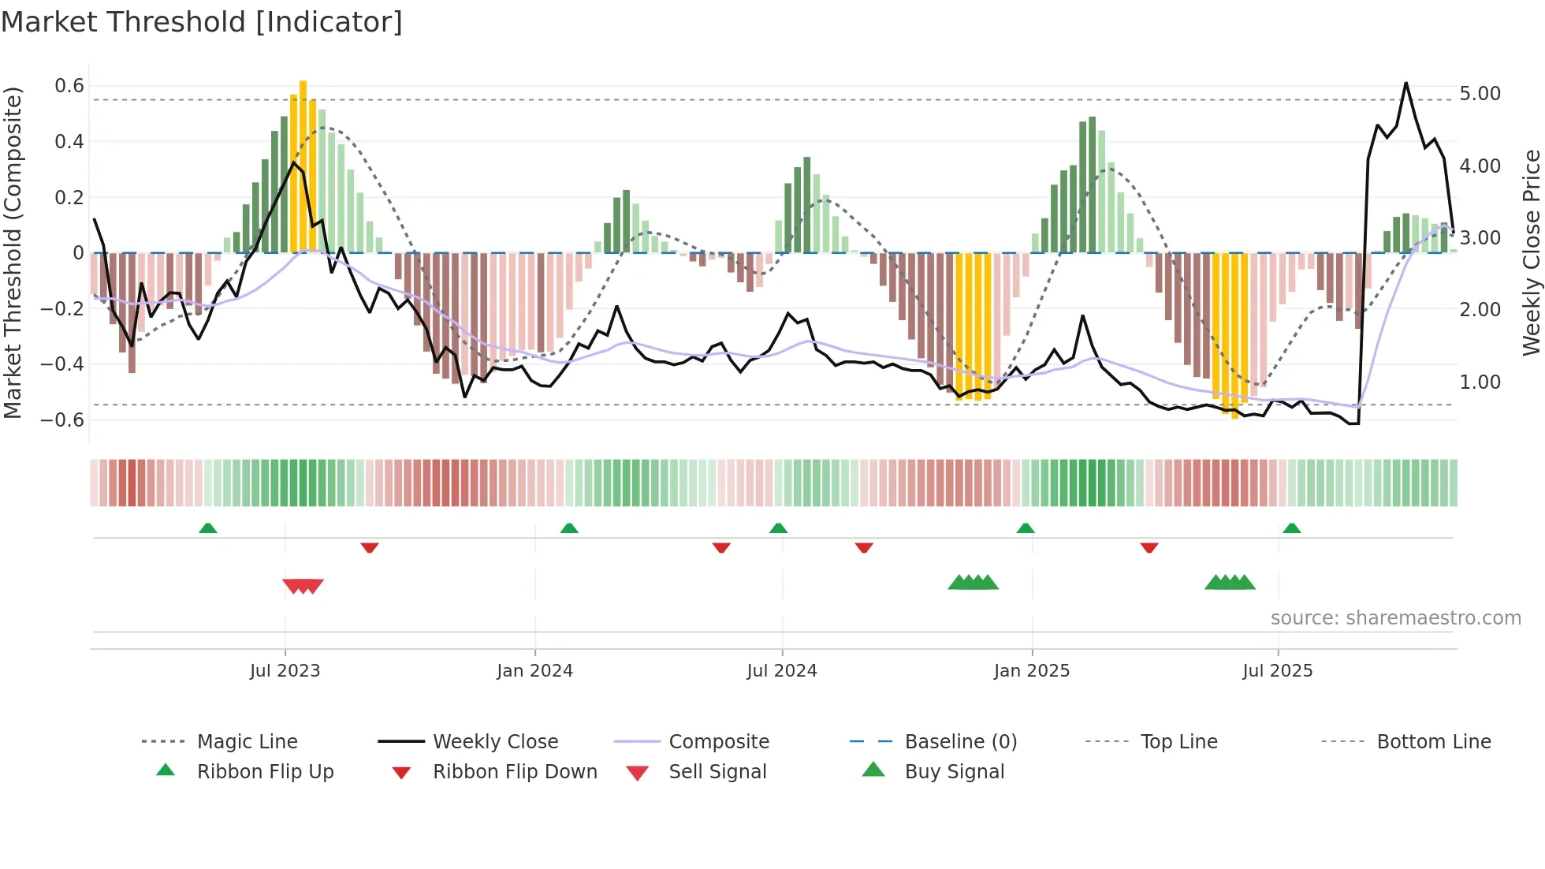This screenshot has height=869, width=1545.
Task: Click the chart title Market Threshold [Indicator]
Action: tap(202, 22)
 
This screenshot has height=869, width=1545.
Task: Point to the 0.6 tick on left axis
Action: tap(69, 86)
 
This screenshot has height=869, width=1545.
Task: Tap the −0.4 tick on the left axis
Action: tap(62, 364)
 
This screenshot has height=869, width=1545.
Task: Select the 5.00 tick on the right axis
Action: tap(1480, 94)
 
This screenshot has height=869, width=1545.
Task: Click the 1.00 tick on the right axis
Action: tap(1480, 382)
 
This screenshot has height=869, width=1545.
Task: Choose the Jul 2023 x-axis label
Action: tap(285, 671)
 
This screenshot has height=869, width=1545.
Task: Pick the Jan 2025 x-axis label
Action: tap(1031, 671)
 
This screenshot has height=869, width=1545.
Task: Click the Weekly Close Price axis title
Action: tap(1531, 252)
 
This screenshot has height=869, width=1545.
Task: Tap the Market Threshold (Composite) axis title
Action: tap(13, 252)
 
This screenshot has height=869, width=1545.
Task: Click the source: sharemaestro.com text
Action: tap(1395, 618)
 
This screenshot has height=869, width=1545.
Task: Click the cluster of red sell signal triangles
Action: tap(303, 586)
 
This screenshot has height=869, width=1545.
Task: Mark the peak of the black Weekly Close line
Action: tap(1405, 84)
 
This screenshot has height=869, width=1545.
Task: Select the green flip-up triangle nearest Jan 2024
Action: tap(569, 528)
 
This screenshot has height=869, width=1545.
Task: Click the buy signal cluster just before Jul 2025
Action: tap(1230, 583)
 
